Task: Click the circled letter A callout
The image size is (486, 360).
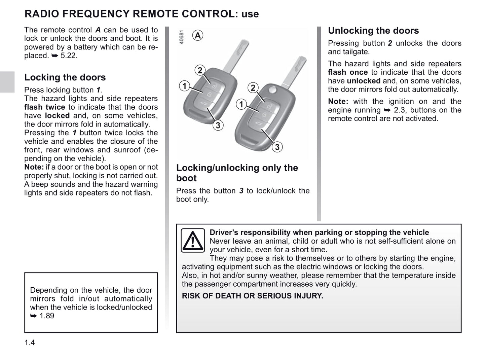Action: (198, 35)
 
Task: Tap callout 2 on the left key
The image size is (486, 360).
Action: (200, 70)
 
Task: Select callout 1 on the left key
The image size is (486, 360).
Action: (184, 86)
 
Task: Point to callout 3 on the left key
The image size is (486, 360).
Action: (218, 125)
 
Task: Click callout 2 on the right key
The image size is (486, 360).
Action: (253, 88)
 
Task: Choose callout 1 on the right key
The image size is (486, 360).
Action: (241, 104)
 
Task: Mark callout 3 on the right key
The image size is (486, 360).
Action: (277, 147)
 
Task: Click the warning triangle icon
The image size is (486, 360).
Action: (193, 240)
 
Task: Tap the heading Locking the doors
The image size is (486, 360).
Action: (65, 77)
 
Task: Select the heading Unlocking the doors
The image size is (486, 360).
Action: (373, 31)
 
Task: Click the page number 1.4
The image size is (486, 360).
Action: (30, 343)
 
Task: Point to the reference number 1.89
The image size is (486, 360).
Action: (47, 316)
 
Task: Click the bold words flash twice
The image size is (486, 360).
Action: (45, 107)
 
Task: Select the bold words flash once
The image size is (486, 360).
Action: (348, 72)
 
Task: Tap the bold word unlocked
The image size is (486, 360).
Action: (364, 81)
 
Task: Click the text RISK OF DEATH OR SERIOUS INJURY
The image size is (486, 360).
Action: (252, 296)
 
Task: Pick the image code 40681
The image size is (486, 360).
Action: (182, 37)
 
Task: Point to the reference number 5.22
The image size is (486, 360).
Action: (69, 56)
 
